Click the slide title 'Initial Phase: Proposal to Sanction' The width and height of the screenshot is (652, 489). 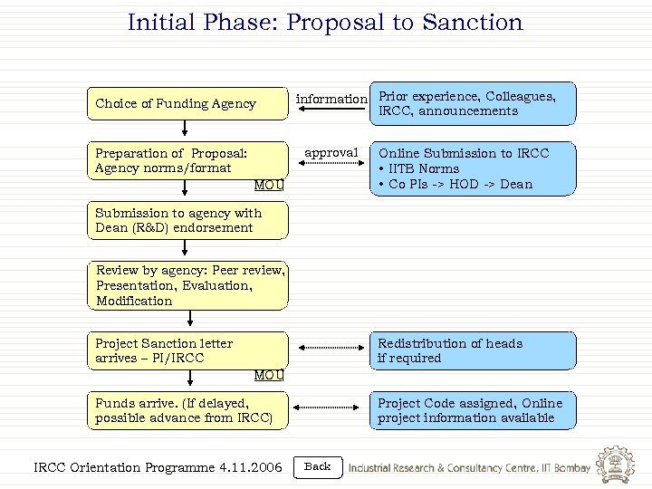pyautogui.click(x=325, y=22)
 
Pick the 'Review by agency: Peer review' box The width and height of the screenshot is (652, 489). pyautogui.click(x=190, y=285)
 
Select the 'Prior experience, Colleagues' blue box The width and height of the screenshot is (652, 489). pyautogui.click(x=473, y=104)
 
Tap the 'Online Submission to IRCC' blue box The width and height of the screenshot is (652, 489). pyautogui.click(x=473, y=169)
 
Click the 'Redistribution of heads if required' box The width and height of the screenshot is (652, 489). pyautogui.click(x=473, y=350)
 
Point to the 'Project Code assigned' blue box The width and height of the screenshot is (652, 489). pyautogui.click(x=473, y=410)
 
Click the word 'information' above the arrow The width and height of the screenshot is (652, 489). pyautogui.click(x=332, y=99)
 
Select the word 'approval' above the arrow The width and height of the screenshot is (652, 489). pyautogui.click(x=331, y=152)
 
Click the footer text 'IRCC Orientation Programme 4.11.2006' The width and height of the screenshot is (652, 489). pyautogui.click(x=158, y=467)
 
